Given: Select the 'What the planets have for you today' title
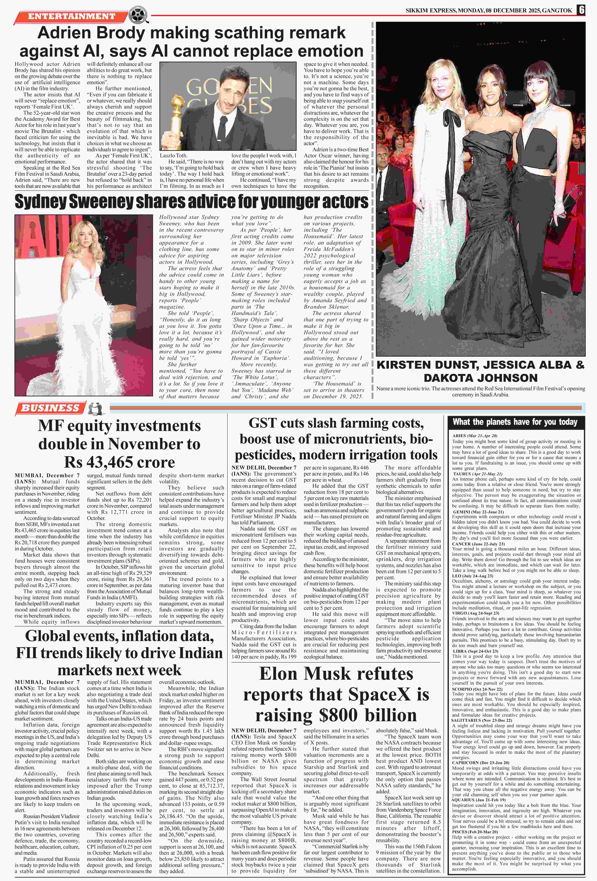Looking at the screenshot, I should coord(515,422).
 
